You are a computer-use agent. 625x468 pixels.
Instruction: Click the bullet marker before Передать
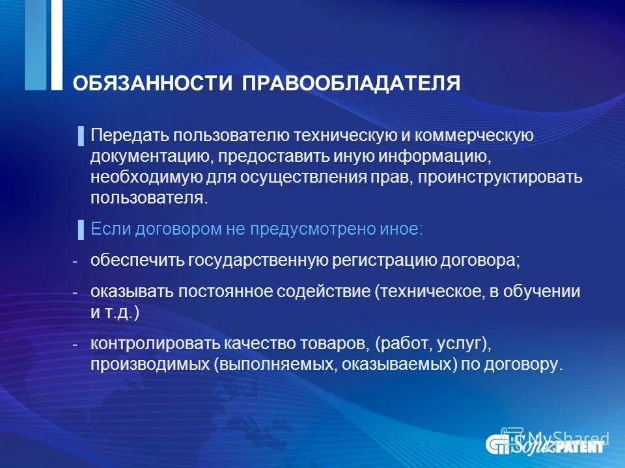[x=81, y=136]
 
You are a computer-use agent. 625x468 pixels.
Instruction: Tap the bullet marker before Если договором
[x=81, y=228]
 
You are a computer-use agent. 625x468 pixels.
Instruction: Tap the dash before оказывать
[x=76, y=292]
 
